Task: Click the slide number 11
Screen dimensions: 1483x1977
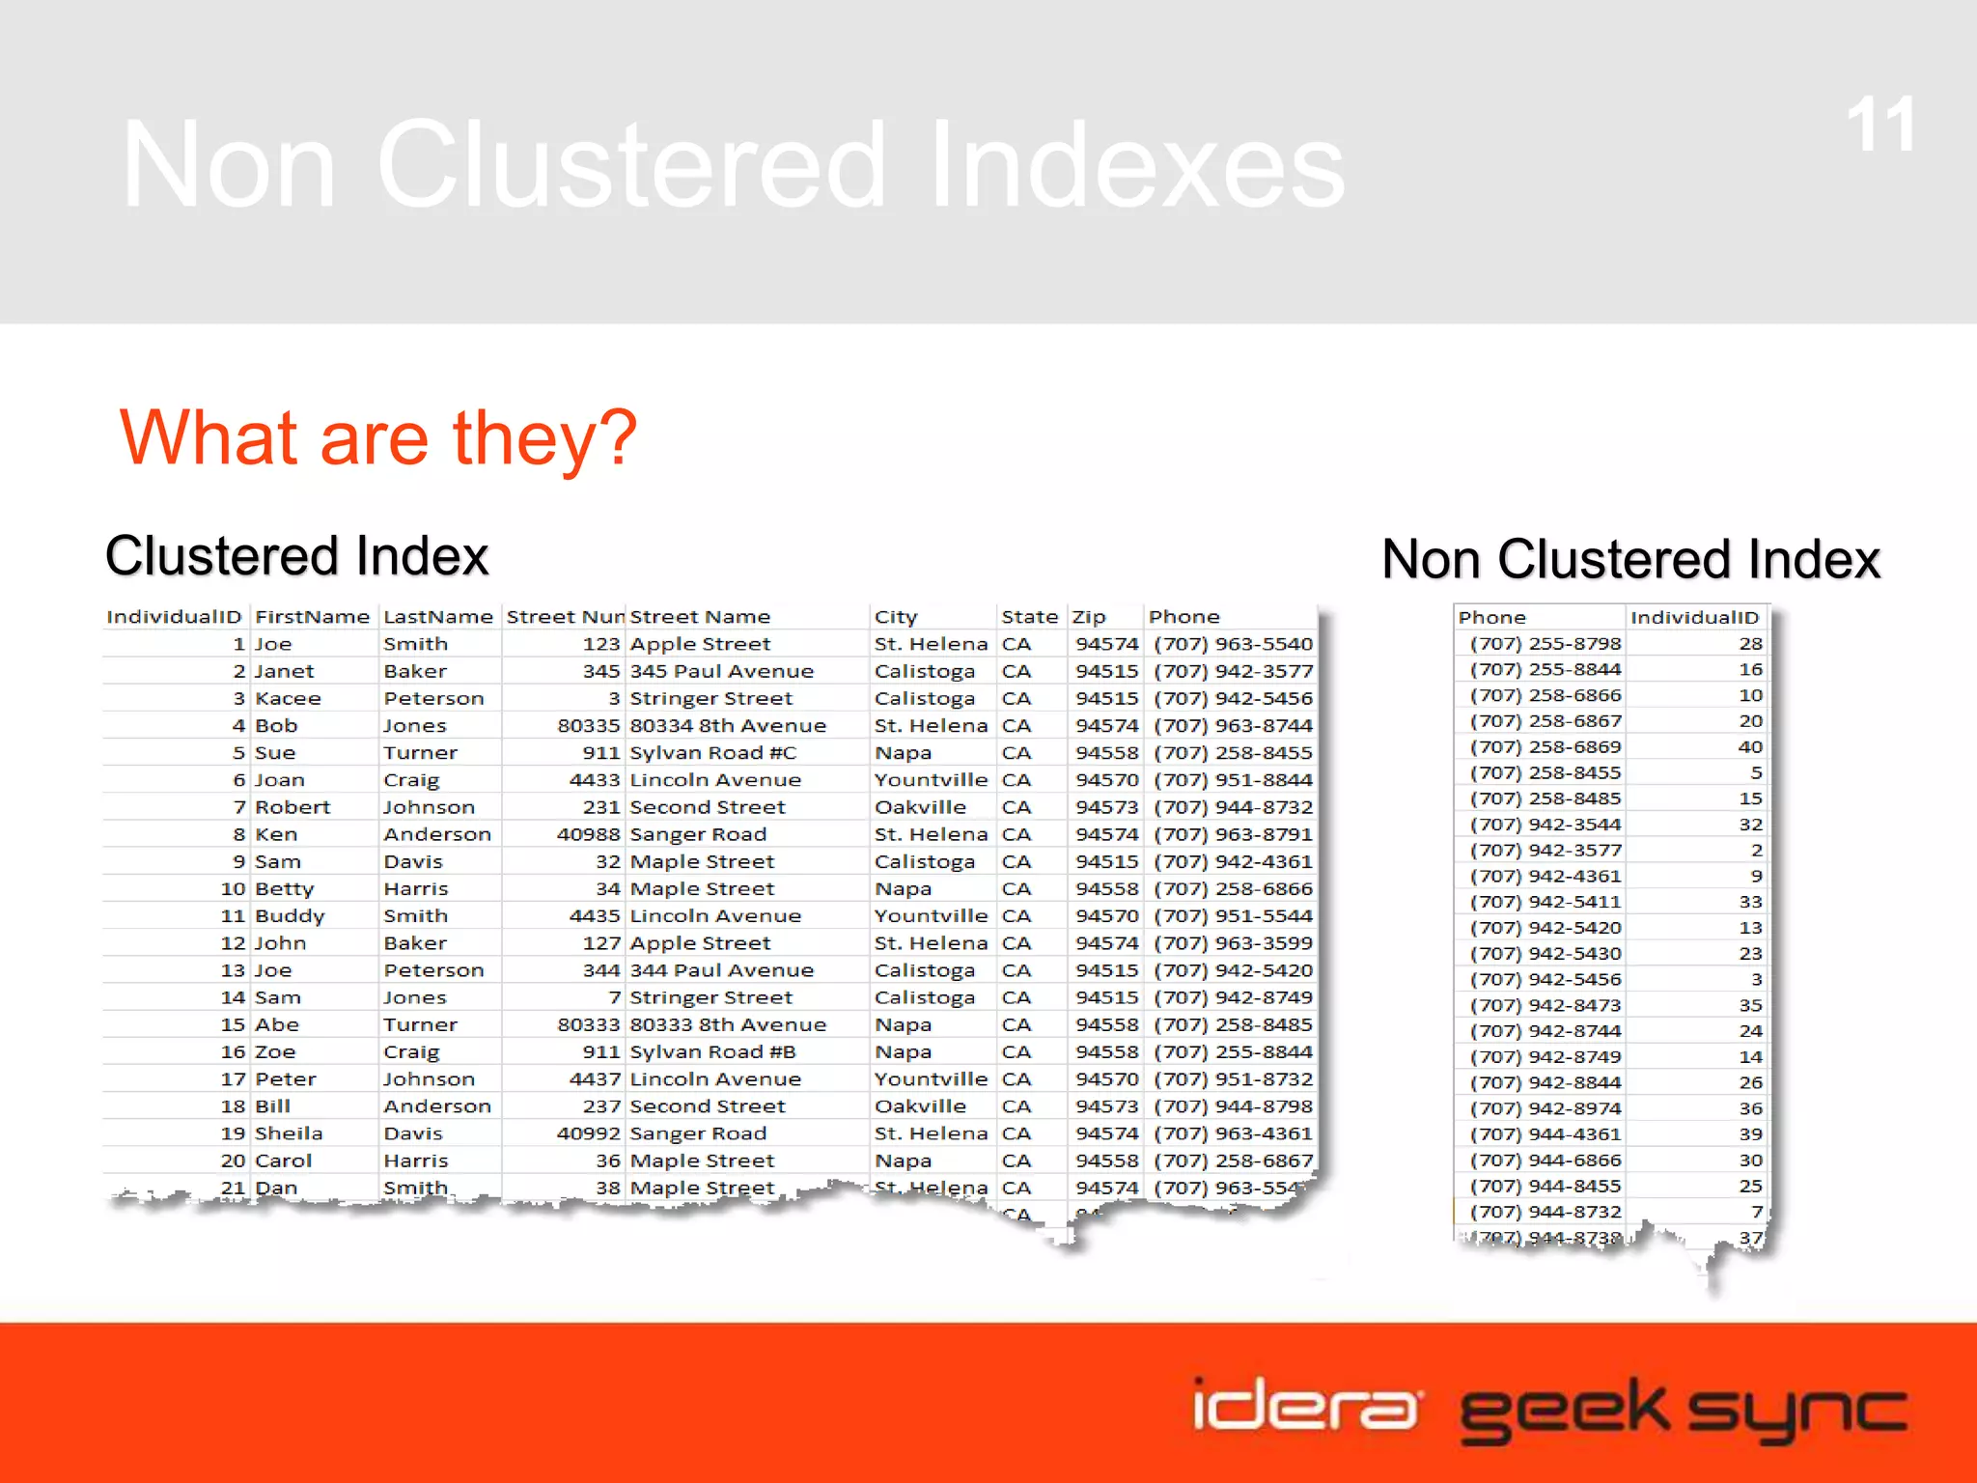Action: [1880, 126]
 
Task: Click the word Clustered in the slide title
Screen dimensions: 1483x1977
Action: [630, 164]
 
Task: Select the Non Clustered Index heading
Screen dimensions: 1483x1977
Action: [1630, 559]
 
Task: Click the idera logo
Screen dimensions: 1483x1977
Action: [1305, 1405]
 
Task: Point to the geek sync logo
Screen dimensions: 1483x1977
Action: [1683, 1411]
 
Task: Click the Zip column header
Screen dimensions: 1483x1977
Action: [1089, 617]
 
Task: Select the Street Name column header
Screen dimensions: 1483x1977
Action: [700, 617]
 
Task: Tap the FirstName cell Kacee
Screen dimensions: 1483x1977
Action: [288, 698]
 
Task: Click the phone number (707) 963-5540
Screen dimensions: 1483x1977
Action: [1233, 644]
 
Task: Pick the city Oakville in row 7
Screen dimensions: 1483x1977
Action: [920, 807]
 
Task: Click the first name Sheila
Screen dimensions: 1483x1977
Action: [289, 1133]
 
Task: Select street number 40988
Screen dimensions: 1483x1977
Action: [588, 834]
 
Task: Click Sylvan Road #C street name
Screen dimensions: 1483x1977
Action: [712, 753]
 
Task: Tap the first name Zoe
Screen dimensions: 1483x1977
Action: [275, 1052]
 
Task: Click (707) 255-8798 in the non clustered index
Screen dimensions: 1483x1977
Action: [1545, 644]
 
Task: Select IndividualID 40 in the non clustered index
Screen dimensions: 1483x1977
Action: [1749, 747]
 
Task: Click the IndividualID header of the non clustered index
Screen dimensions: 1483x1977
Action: [1694, 618]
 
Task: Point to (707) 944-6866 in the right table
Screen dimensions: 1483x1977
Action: [1545, 1161]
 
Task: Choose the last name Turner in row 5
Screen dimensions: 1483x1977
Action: [420, 753]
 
